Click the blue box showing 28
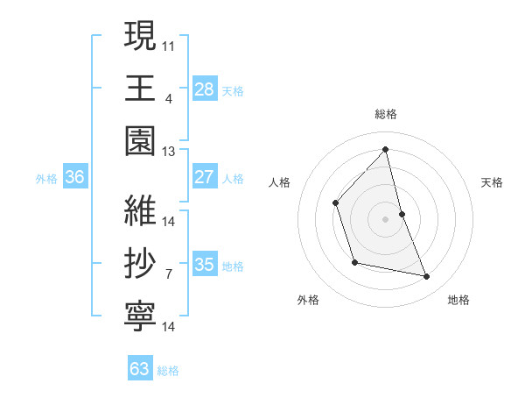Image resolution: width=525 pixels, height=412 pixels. click(205, 89)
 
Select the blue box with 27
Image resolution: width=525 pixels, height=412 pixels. click(205, 177)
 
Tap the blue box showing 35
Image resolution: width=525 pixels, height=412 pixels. click(205, 265)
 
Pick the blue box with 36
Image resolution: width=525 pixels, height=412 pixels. click(75, 177)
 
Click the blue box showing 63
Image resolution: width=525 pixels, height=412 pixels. click(140, 369)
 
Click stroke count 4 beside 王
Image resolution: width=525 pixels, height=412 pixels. click(169, 98)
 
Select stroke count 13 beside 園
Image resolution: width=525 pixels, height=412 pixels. click(169, 152)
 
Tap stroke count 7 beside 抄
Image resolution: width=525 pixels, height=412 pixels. click(169, 274)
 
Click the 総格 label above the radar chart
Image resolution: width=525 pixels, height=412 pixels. click(386, 114)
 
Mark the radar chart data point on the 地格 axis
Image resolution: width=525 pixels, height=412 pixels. click(427, 277)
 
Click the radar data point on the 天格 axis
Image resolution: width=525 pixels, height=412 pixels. click(402, 213)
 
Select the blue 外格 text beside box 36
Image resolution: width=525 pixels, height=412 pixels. click(46, 179)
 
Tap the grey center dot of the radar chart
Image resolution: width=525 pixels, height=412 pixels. click(385, 218)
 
